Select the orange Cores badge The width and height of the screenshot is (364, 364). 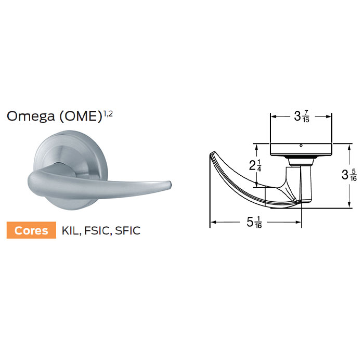click(31, 230)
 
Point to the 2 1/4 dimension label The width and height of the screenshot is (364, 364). click(255, 165)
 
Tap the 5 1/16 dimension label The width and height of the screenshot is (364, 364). click(255, 223)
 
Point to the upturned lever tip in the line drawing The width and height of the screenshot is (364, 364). click(214, 154)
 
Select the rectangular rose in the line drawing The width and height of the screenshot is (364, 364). click(301, 149)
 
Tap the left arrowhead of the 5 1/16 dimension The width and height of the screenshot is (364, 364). click(212, 224)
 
